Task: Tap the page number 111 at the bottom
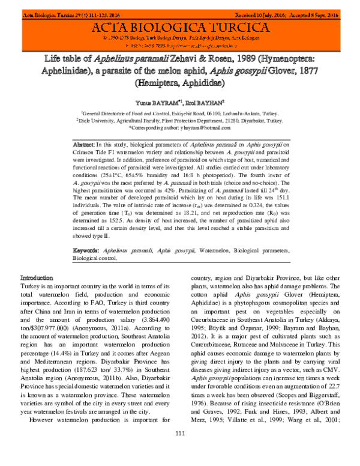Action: [x=179, y=450]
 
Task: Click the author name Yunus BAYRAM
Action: [x=154, y=101]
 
